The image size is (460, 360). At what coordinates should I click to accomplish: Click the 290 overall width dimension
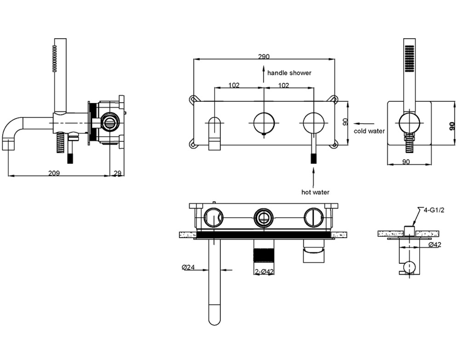pos(264,56)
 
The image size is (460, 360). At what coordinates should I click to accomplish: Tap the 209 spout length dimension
pos(54,173)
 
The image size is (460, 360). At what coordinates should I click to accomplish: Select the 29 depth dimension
pos(117,173)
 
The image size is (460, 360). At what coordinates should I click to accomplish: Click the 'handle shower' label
pos(289,73)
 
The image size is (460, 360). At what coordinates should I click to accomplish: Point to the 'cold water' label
pos(369,131)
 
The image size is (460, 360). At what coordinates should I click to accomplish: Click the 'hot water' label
pos(316,192)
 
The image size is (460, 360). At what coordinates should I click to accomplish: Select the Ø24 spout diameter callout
pos(188,267)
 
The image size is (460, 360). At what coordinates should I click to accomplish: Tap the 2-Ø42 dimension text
pos(264,272)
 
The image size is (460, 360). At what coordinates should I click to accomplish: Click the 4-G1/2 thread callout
pos(434,210)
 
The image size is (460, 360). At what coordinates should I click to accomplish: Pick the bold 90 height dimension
pos(452,126)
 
